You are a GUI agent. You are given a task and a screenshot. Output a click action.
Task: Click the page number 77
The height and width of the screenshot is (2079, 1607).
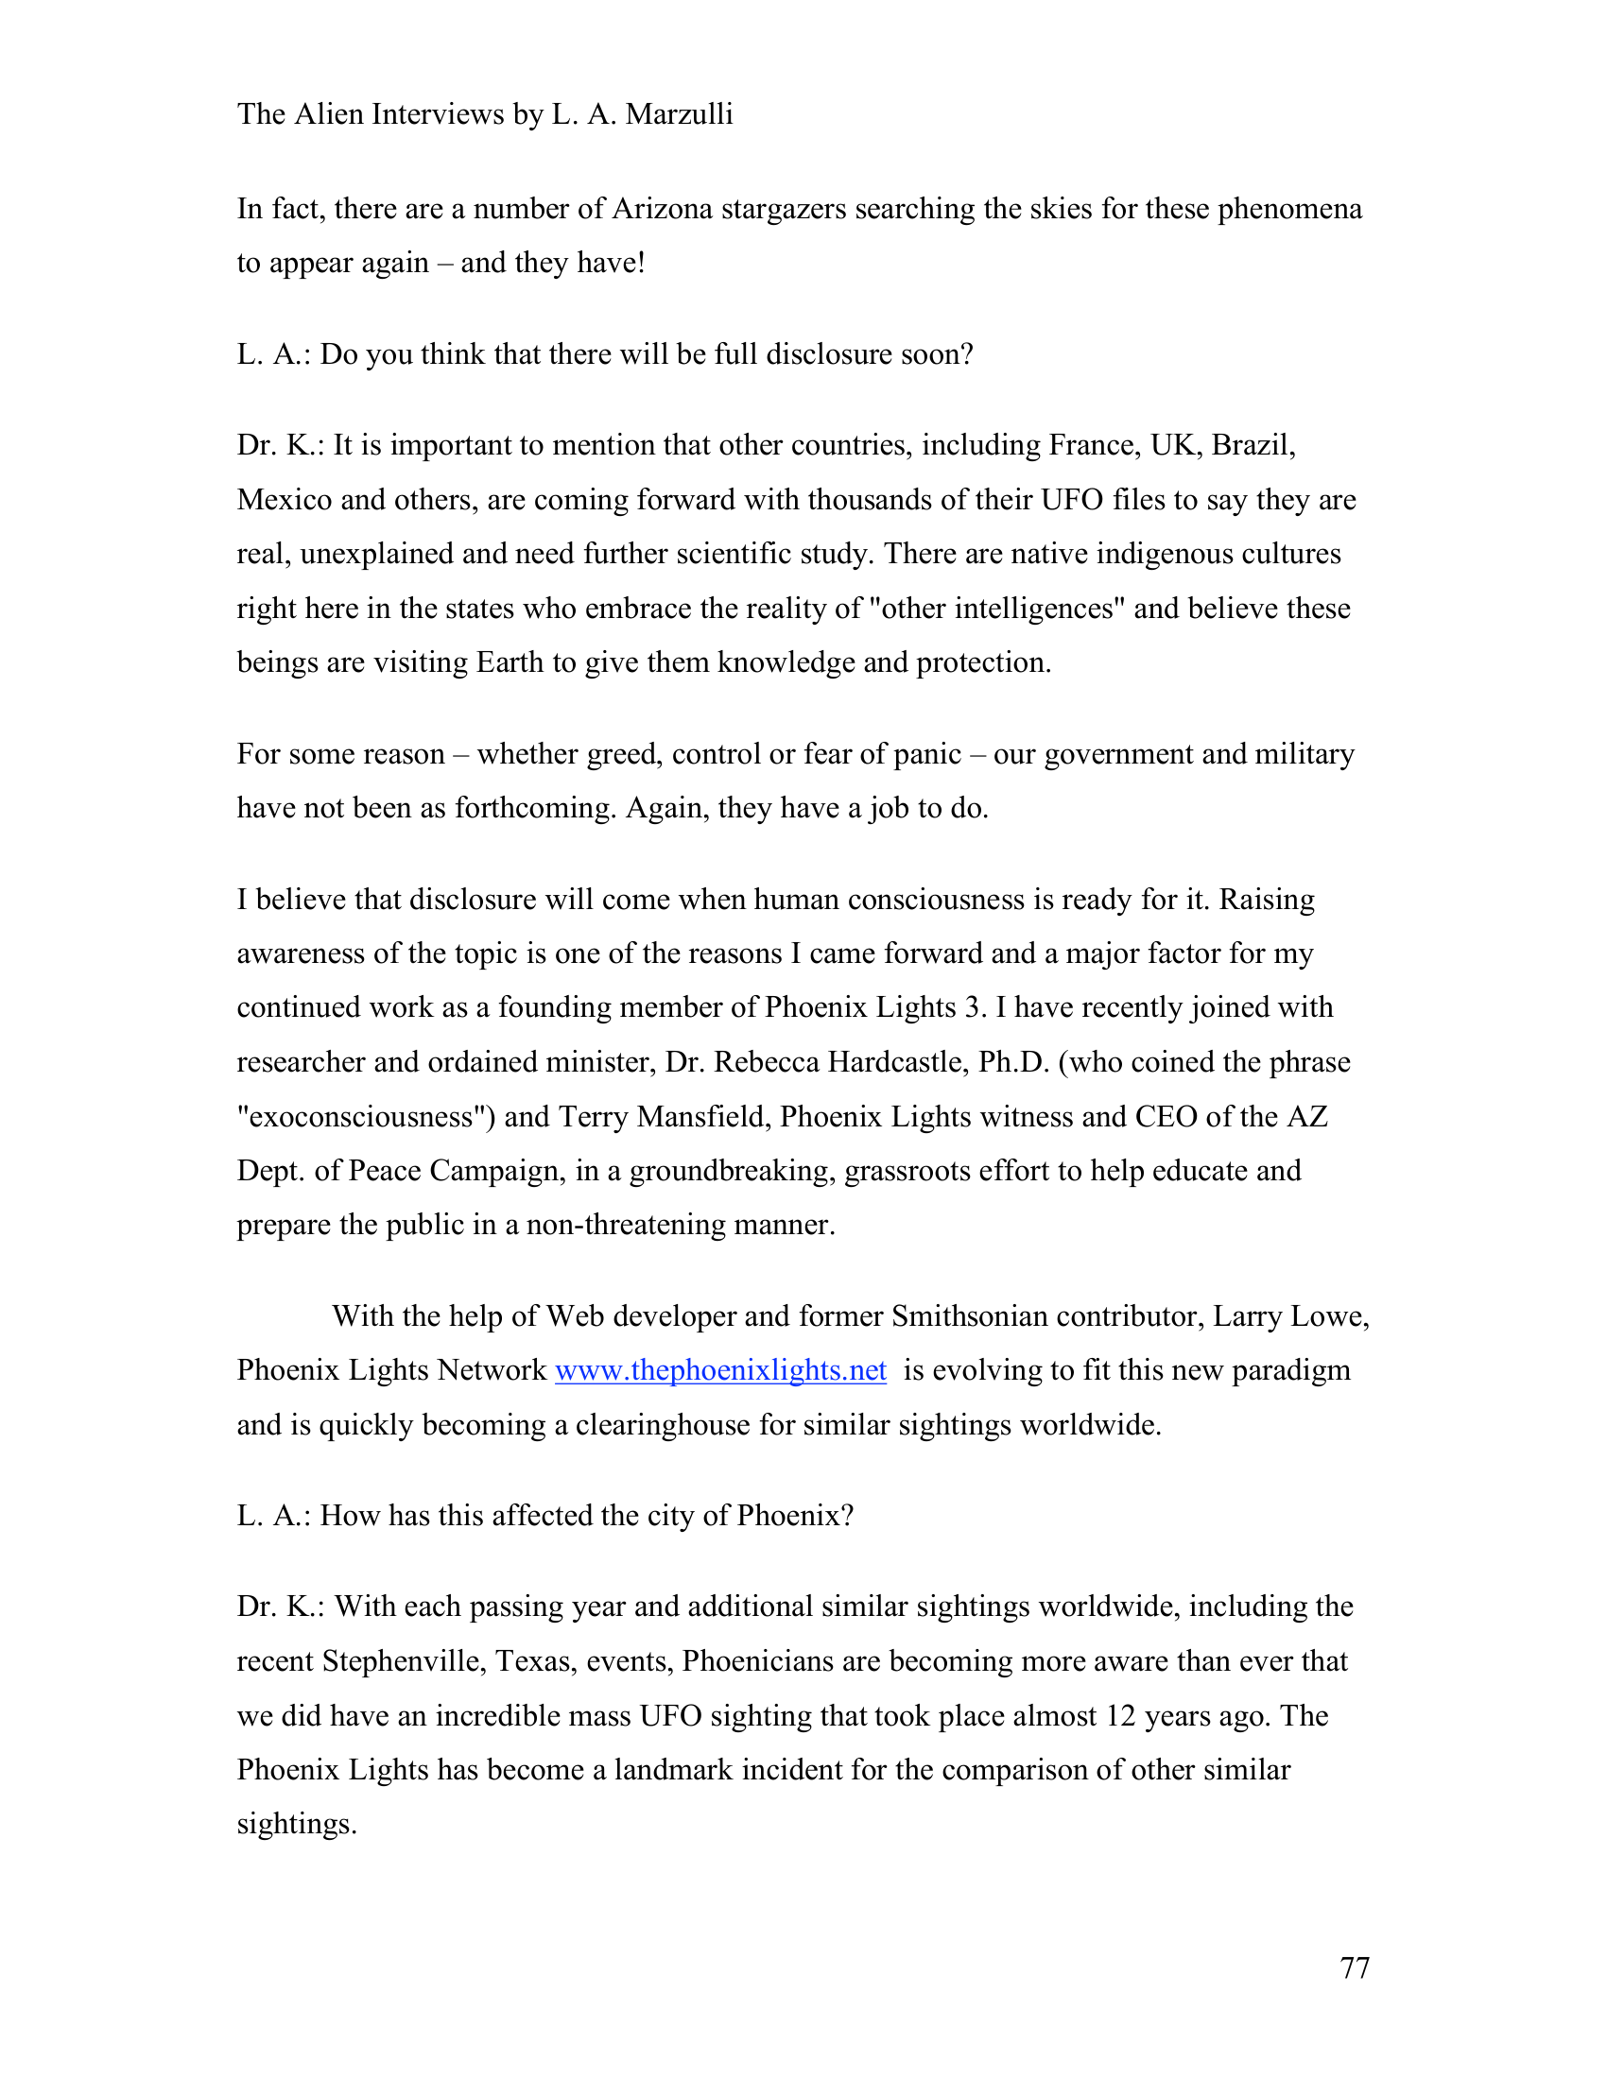pos(1354,1967)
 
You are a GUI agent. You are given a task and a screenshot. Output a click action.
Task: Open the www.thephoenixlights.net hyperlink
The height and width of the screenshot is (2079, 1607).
pos(720,1370)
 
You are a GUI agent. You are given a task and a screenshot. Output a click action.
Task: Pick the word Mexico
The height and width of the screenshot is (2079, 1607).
pos(284,500)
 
